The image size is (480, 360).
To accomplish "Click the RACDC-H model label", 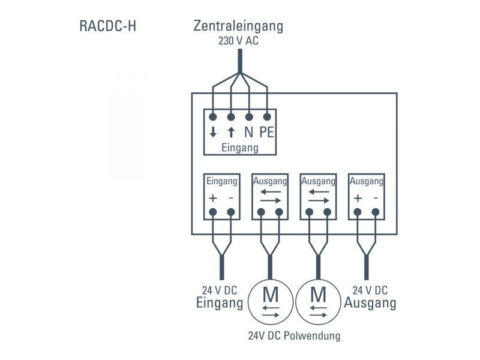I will pos(107,27).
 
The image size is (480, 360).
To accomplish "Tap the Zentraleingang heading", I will pos(238,26).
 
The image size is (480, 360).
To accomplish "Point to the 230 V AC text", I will pos(238,41).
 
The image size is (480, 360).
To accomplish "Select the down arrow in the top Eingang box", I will pos(213,133).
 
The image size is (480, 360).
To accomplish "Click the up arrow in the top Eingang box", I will pos(231,133).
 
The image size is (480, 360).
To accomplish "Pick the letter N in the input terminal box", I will pos(248,133).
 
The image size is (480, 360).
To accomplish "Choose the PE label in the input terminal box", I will pos(266,133).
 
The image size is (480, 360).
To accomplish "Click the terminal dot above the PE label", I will pos(267,116).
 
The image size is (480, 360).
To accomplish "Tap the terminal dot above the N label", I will pos(249,116).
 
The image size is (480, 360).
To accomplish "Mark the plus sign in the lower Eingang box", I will pos(213,199).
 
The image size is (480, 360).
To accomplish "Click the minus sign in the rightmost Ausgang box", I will pos(376,199).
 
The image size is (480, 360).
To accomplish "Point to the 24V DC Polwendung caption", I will pos(294,335).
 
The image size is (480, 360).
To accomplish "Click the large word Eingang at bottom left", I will pos(220,303).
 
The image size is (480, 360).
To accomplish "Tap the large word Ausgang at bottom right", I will pos(370,303).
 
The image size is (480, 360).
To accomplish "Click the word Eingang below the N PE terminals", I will pos(240,148).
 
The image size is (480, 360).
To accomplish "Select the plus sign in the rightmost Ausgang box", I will pos(358,199).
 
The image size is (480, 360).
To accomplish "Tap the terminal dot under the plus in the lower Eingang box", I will pos(213,212).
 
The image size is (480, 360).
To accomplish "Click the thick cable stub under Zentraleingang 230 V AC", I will pos(240,61).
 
